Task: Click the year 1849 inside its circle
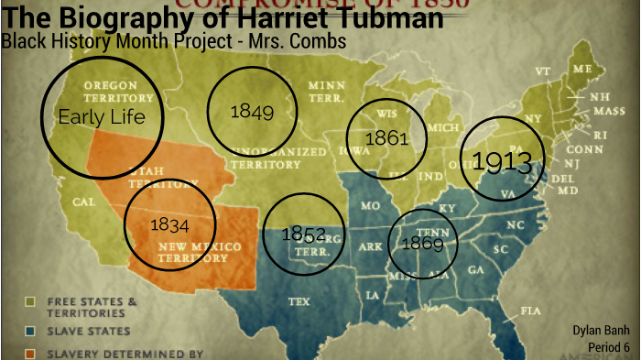tap(252, 111)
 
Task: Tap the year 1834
tap(169, 224)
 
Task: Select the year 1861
tap(386, 138)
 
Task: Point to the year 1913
tap(502, 162)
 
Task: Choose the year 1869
tap(422, 244)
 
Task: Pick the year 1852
tap(304, 233)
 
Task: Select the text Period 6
tap(608, 347)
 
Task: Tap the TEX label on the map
tap(299, 300)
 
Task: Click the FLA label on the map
tap(530, 311)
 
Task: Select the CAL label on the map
tap(84, 201)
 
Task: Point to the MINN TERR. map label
tap(327, 91)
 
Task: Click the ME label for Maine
tap(581, 69)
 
